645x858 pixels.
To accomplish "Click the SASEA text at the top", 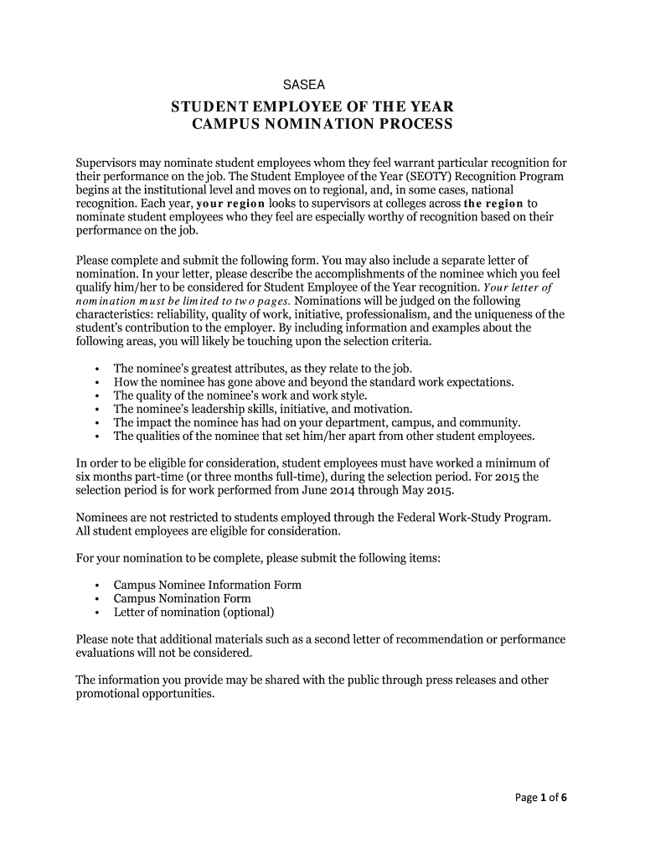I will click(302, 85).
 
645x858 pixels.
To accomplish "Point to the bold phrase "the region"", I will click(493, 204).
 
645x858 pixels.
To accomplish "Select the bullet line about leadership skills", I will click(262, 409).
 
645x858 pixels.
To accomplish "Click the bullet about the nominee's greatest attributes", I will click(262, 369).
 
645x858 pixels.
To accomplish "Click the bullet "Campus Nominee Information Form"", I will click(207, 585).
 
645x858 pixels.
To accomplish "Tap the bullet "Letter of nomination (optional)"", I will click(190, 612).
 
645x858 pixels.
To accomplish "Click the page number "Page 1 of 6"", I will click(540, 798).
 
